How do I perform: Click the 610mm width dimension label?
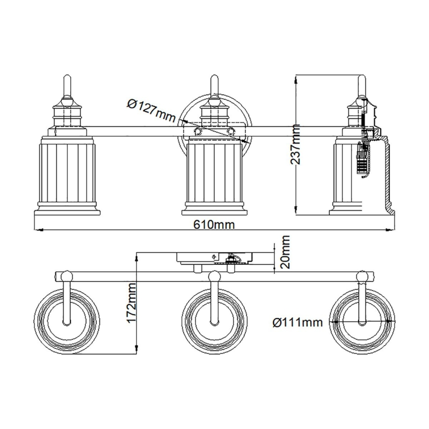coord(214,225)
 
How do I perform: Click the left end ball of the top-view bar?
coord(65,275)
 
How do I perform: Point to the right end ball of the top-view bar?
coord(363,275)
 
